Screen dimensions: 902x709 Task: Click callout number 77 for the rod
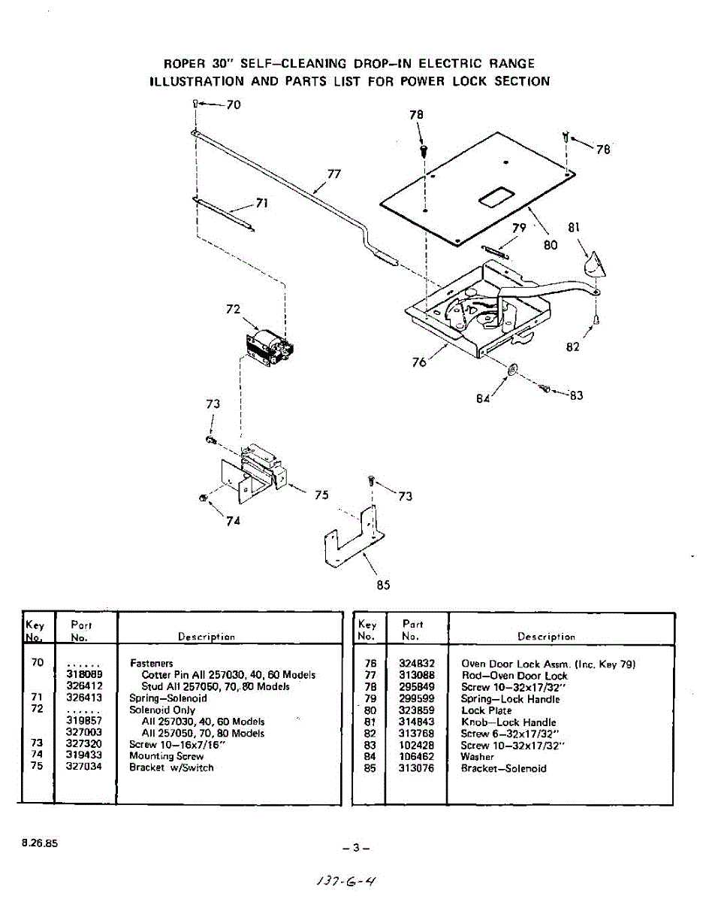point(334,174)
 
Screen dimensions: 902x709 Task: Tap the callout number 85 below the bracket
point(383,585)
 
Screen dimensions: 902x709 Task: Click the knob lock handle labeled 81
point(593,265)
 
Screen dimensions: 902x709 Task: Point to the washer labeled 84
point(511,370)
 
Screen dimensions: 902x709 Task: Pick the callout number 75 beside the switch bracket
point(321,495)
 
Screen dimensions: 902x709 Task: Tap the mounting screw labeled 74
point(203,498)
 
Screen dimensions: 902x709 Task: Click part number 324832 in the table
point(418,664)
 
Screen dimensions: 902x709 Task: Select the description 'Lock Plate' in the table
point(486,710)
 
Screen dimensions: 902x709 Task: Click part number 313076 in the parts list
point(418,768)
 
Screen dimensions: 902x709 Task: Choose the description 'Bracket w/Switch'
point(171,767)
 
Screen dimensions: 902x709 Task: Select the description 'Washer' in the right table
point(478,757)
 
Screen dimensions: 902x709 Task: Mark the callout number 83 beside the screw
point(576,395)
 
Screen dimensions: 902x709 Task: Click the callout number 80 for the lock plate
point(551,245)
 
